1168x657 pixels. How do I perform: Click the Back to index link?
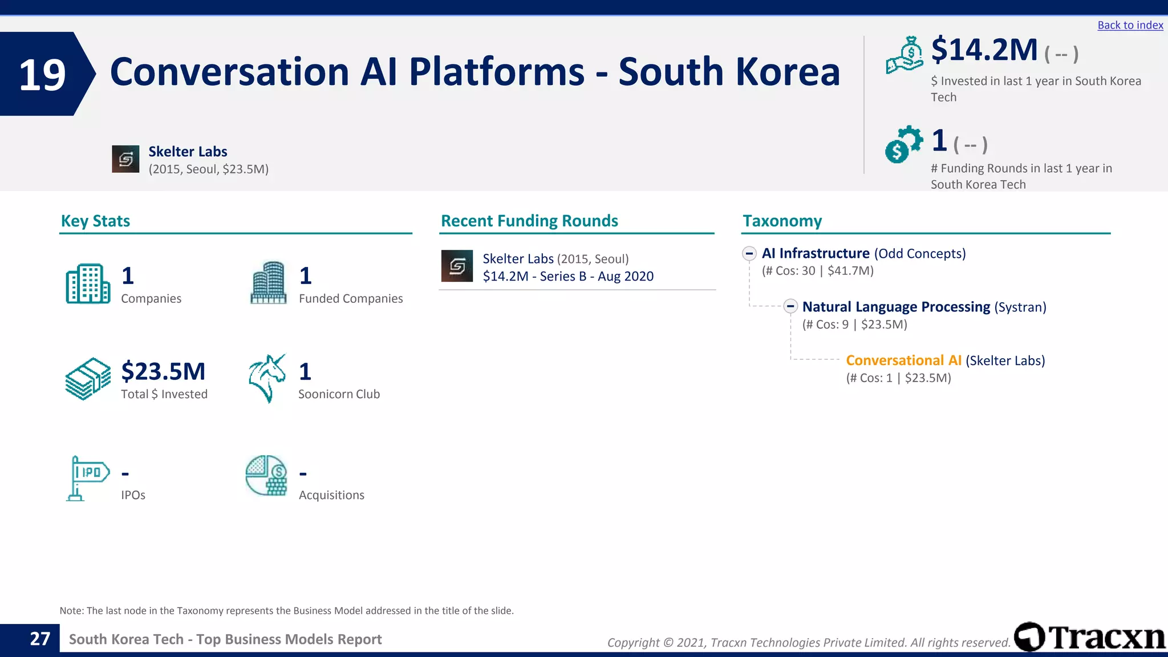pyautogui.click(x=1130, y=25)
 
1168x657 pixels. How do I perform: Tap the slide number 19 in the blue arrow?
pyautogui.click(x=42, y=75)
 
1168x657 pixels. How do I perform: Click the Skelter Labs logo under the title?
pyautogui.click(x=125, y=159)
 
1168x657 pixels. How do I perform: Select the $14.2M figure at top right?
pyautogui.click(x=984, y=50)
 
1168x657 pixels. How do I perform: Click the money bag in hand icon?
pyautogui.click(x=905, y=55)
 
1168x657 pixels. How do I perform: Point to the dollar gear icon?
pyautogui.click(x=903, y=144)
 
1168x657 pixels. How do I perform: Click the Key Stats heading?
pyautogui.click(x=95, y=221)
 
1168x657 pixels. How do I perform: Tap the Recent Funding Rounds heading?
pyautogui.click(x=529, y=221)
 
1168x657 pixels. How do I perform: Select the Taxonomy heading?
pyautogui.click(x=782, y=221)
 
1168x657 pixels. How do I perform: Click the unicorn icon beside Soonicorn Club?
pyautogui.click(x=267, y=378)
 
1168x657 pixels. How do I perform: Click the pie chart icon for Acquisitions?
pyautogui.click(x=266, y=476)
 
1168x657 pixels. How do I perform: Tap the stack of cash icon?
pyautogui.click(x=88, y=379)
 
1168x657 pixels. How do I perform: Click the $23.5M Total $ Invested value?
pyautogui.click(x=163, y=371)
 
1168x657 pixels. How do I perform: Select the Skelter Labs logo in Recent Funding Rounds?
pyautogui.click(x=457, y=266)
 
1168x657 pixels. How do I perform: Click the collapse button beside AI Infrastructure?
pyautogui.click(x=749, y=253)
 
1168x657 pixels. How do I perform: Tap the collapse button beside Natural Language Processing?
pyautogui.click(x=790, y=306)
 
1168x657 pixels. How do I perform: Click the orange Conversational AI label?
pyautogui.click(x=903, y=360)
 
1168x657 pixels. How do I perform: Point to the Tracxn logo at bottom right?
pyautogui.click(x=1089, y=637)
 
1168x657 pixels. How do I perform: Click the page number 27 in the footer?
pyautogui.click(x=40, y=639)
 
